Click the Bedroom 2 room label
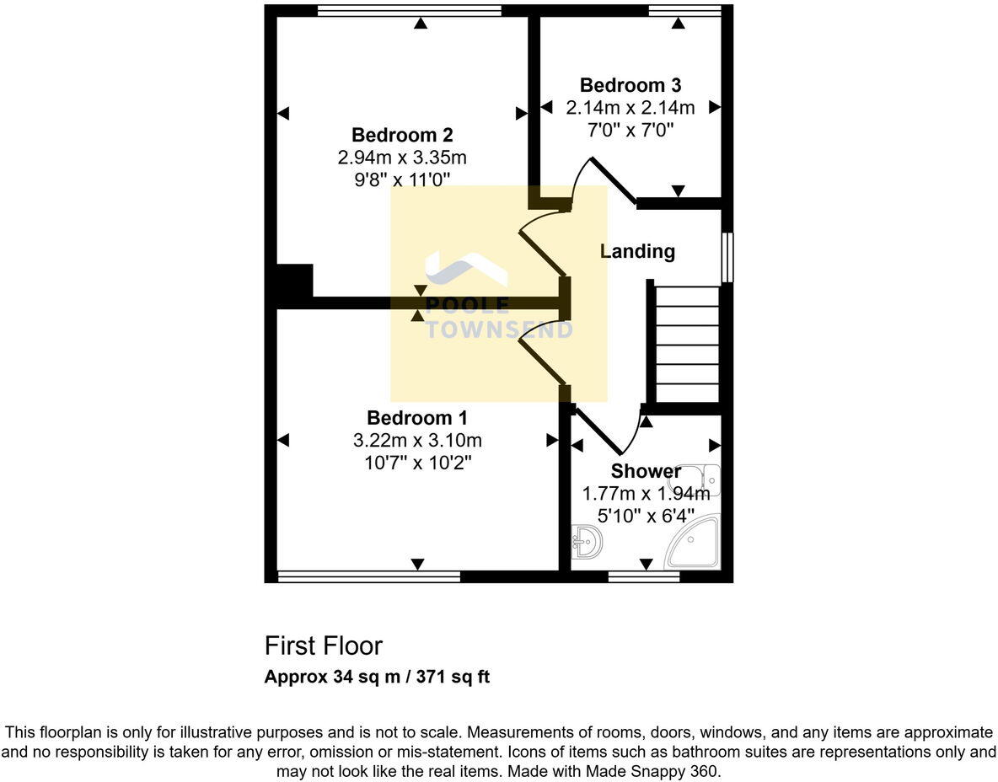tap(402, 135)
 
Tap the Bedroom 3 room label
tap(630, 85)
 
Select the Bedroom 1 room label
tap(417, 418)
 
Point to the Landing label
tap(637, 251)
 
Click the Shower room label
tap(646, 471)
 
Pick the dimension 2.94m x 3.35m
tap(402, 158)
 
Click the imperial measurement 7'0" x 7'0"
tap(630, 130)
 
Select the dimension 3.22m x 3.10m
tap(417, 441)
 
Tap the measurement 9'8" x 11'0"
tap(402, 179)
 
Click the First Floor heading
tap(323, 646)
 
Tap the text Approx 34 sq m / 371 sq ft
tap(377, 677)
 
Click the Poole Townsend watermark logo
tap(497, 295)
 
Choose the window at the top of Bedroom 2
tap(409, 11)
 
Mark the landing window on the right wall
tap(727, 257)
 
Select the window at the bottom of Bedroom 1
tap(368, 577)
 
